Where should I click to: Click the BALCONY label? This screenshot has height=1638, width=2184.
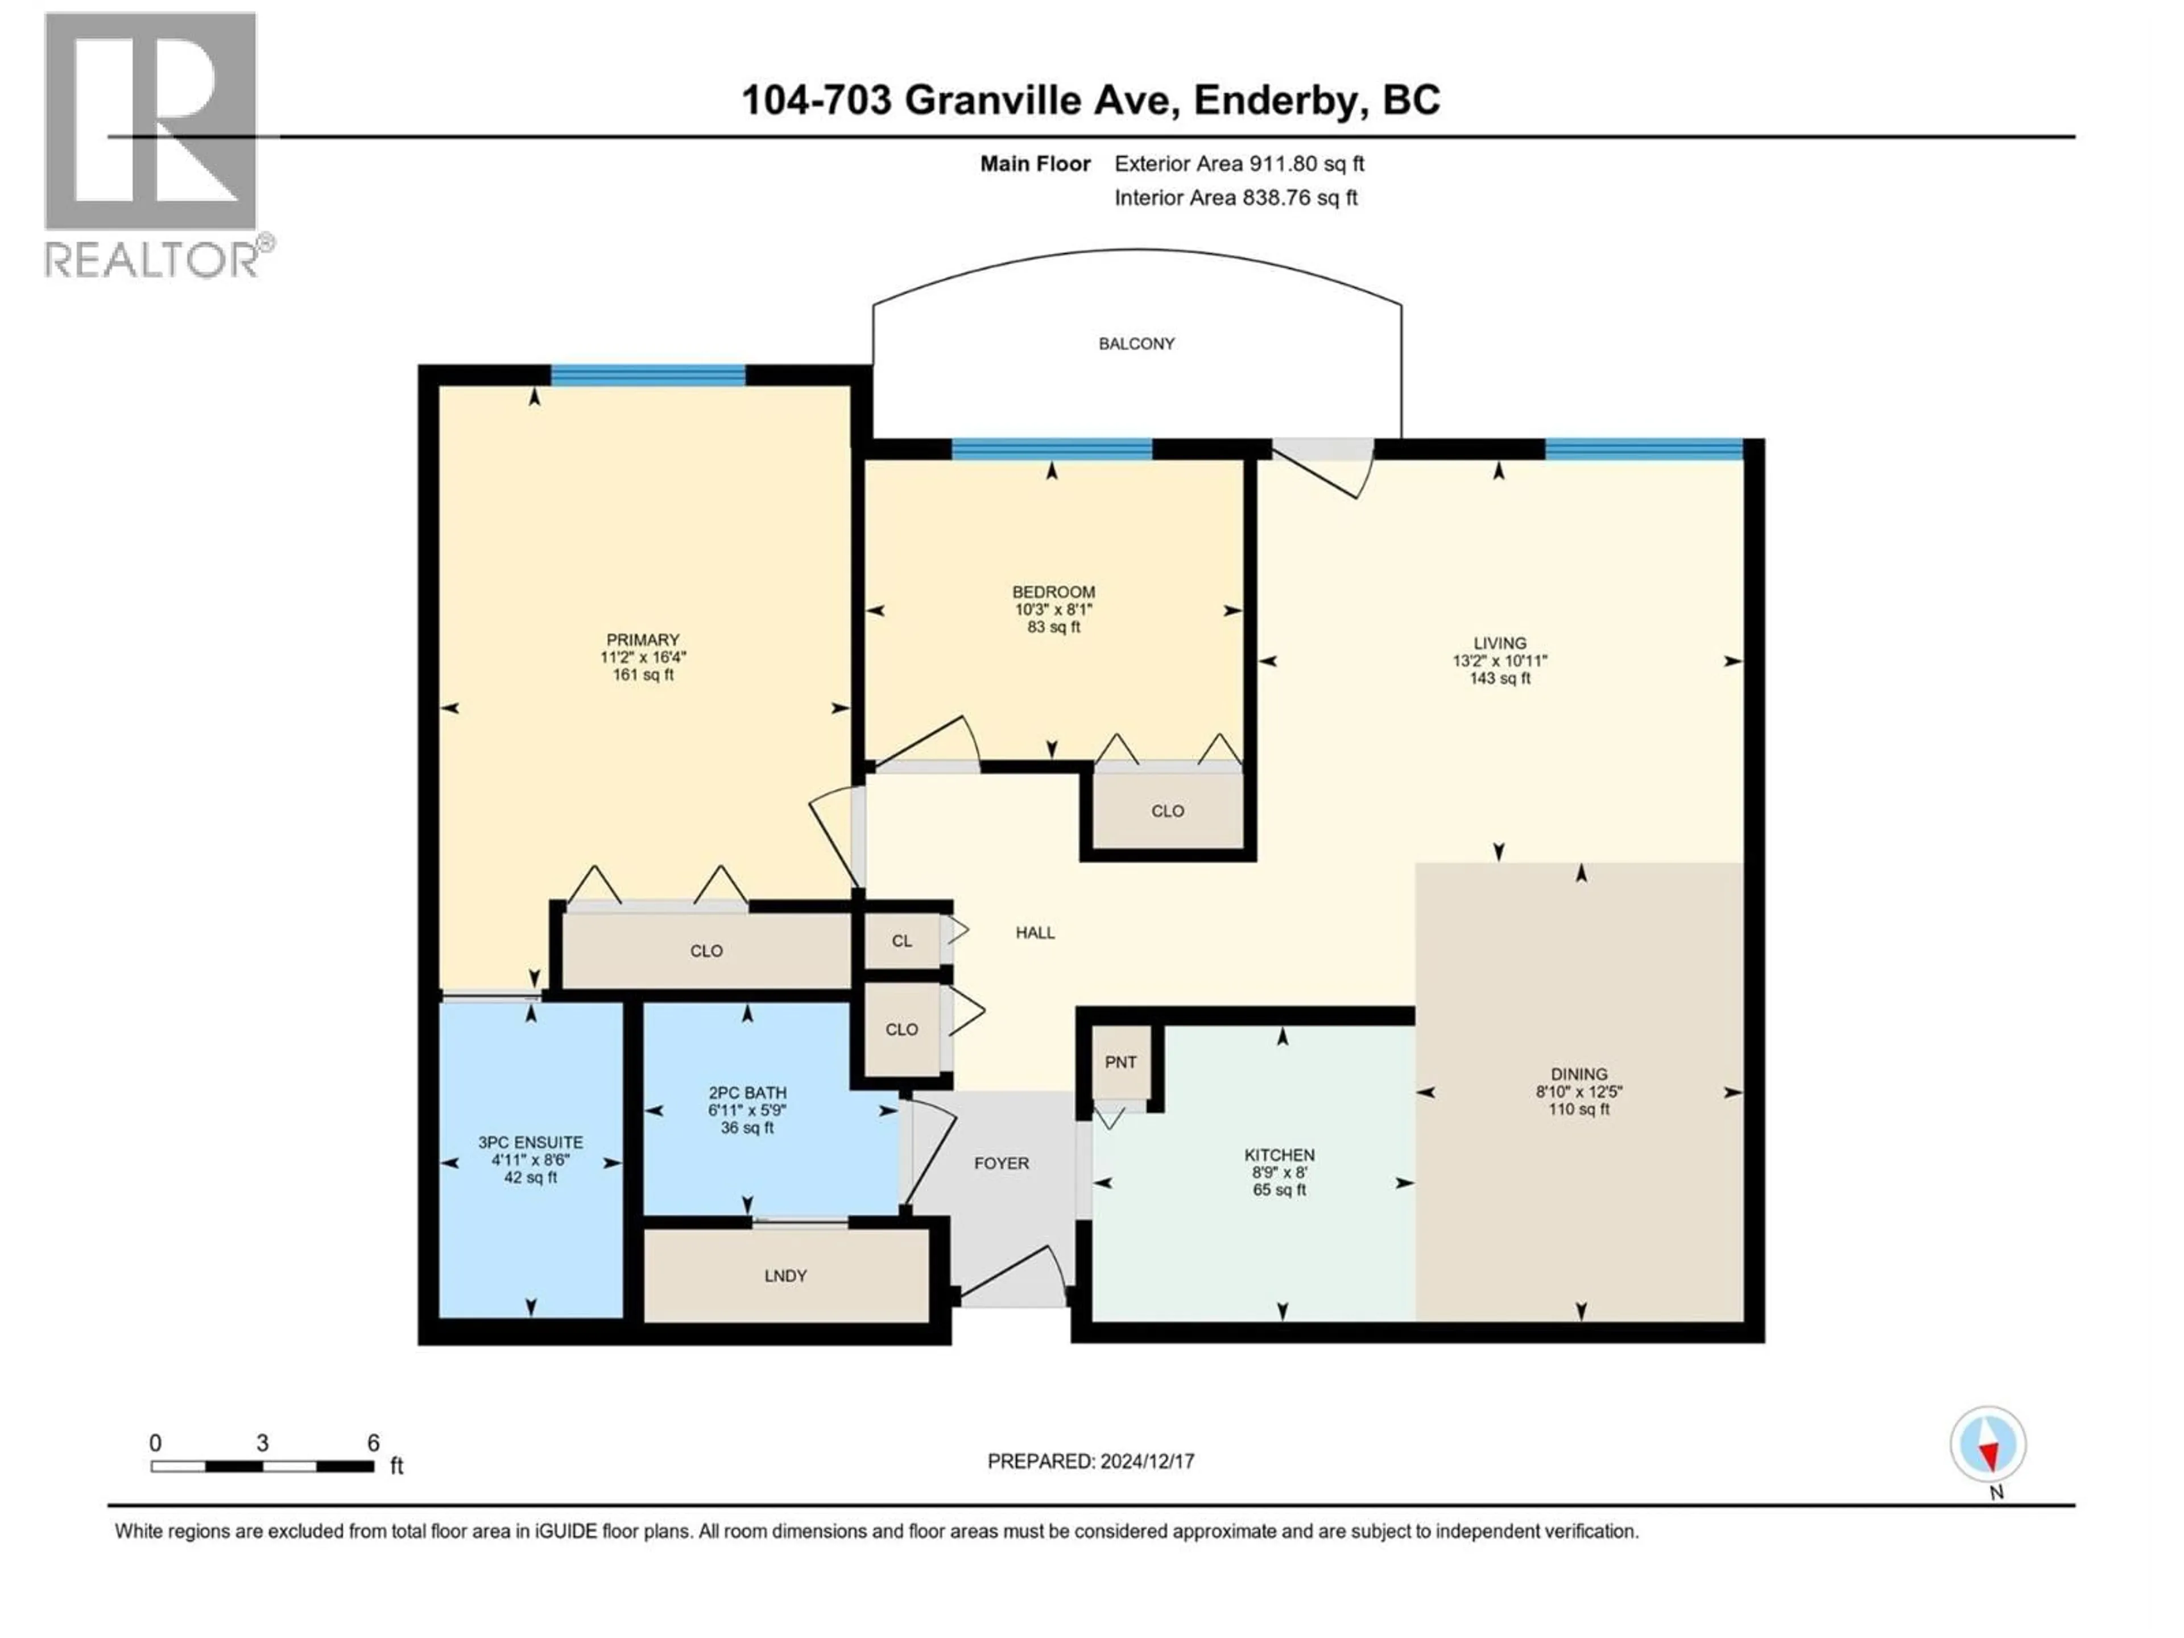tap(1136, 344)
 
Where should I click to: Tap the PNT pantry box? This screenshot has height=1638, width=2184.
tap(1120, 1062)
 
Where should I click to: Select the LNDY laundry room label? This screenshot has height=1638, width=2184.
tap(786, 1276)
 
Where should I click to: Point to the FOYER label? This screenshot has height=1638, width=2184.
tap(1001, 1163)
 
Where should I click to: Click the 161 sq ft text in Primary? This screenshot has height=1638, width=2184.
tap(643, 675)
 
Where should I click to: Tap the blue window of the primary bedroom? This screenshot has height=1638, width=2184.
tap(648, 374)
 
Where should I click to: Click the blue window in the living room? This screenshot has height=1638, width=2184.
tap(1644, 449)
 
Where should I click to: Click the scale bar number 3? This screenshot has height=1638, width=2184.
tap(263, 1442)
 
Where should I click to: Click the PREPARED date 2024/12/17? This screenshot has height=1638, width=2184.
tap(1146, 1461)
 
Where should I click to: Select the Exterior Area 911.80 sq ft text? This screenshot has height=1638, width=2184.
tap(1239, 164)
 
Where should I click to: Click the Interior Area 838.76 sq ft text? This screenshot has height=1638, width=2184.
tap(1236, 197)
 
